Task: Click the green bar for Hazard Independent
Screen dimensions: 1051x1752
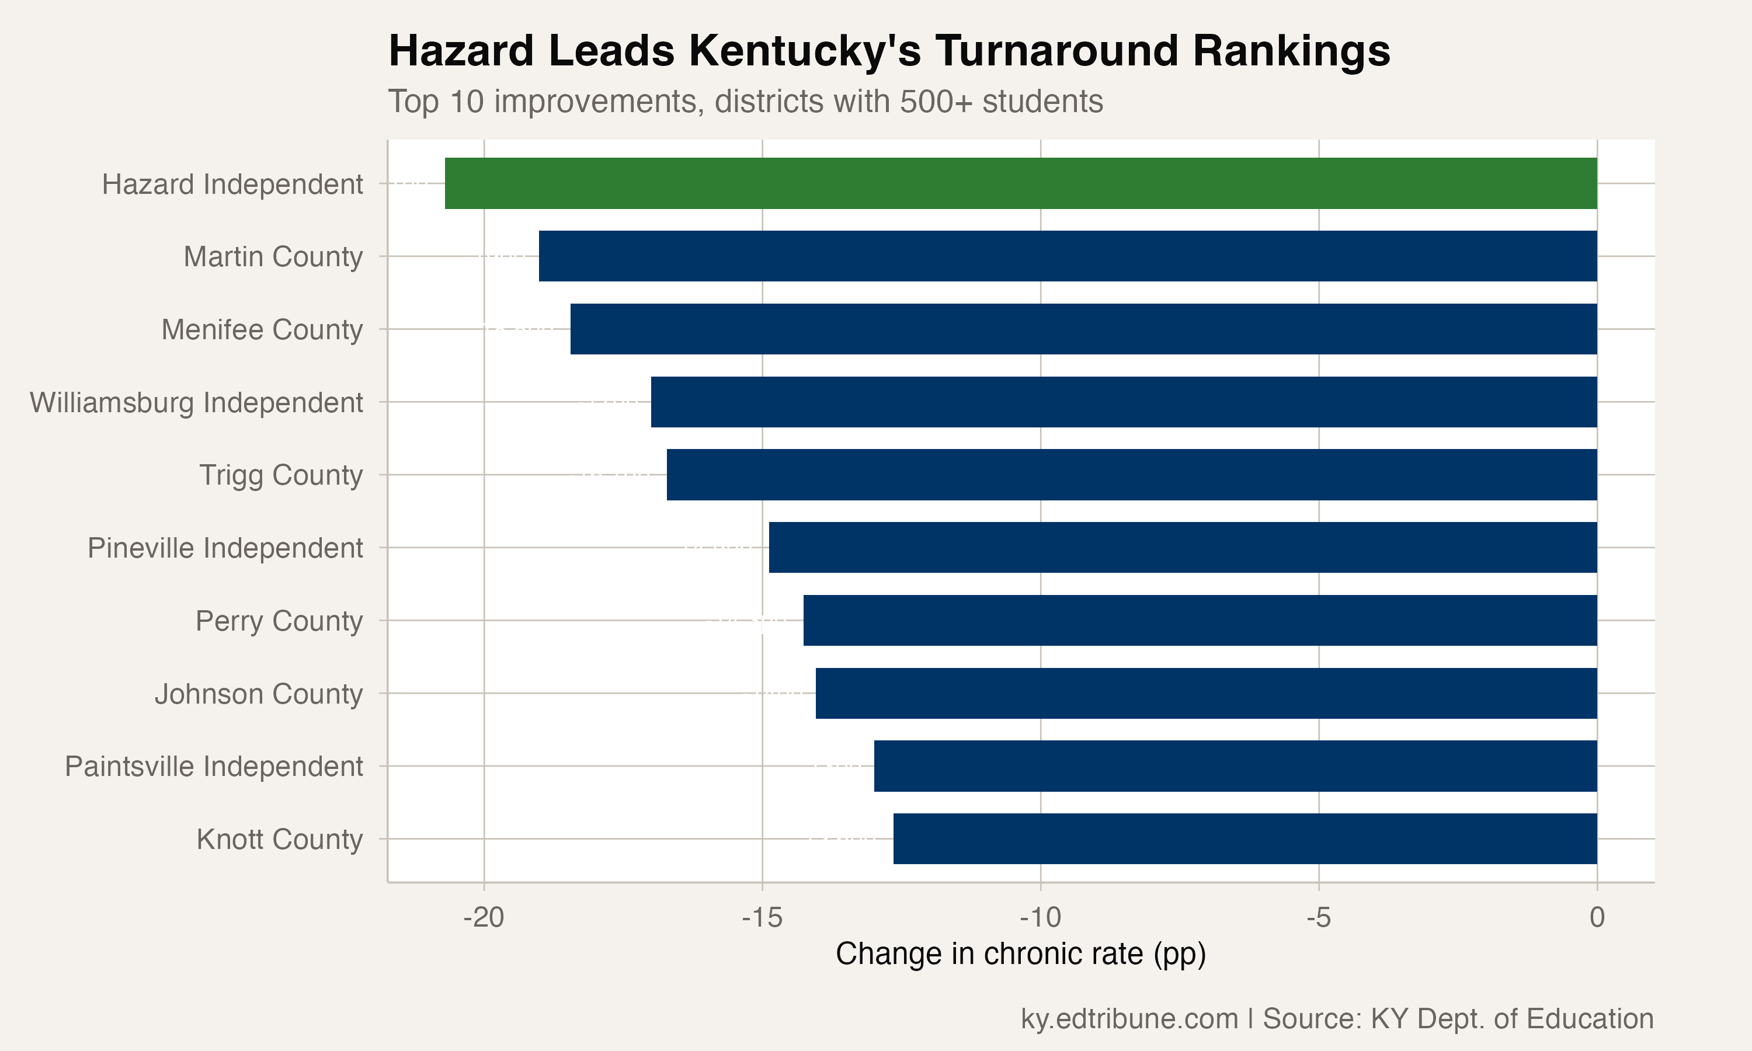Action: pyautogui.click(x=1020, y=183)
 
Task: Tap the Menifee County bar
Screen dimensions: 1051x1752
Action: pyautogui.click(x=1083, y=329)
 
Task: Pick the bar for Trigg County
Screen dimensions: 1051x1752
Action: pyautogui.click(x=1132, y=475)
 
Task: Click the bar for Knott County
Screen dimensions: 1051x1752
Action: pyautogui.click(x=1245, y=838)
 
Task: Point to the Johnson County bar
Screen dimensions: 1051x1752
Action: pyautogui.click(x=1206, y=693)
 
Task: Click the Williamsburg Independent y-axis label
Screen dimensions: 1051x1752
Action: pyautogui.click(x=196, y=402)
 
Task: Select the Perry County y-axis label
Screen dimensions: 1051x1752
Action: pyautogui.click(x=279, y=621)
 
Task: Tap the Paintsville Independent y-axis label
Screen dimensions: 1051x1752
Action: pyautogui.click(x=214, y=766)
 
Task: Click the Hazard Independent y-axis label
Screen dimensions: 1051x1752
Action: pyautogui.click(x=232, y=184)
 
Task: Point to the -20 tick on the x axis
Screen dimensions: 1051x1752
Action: pyautogui.click(x=484, y=918)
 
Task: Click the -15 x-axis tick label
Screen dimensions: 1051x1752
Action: pyautogui.click(x=762, y=918)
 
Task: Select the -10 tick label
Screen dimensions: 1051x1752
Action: pyautogui.click(x=1040, y=918)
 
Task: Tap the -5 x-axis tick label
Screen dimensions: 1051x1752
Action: pyautogui.click(x=1319, y=918)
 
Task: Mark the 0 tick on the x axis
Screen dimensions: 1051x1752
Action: pyautogui.click(x=1597, y=918)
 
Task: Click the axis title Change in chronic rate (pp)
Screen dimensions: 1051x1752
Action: pyautogui.click(x=1020, y=954)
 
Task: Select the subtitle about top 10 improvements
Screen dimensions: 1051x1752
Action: pyautogui.click(x=745, y=101)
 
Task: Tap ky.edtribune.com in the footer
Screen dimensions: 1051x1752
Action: pyautogui.click(x=1129, y=1018)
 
